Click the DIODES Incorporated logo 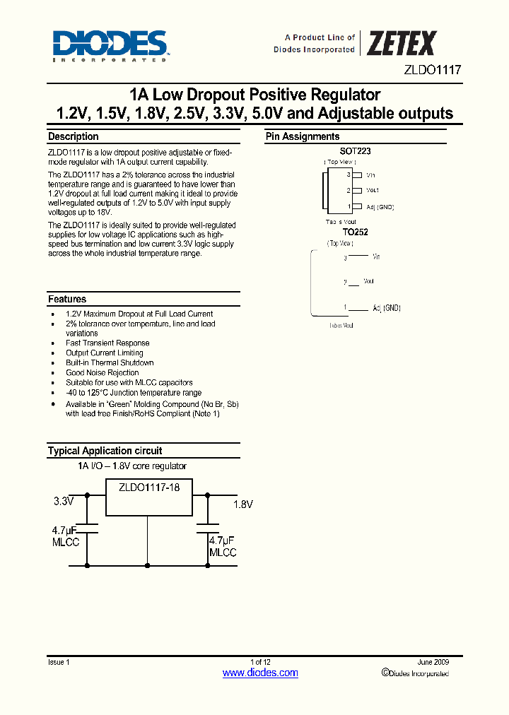(x=110, y=45)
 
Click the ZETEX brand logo (x=401, y=44)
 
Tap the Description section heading (x=73, y=137)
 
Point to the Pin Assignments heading (x=302, y=137)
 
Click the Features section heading (x=67, y=300)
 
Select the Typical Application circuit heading (x=105, y=451)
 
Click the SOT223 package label (x=356, y=151)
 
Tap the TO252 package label (x=356, y=232)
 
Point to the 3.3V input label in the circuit (x=64, y=502)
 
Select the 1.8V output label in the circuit (x=242, y=504)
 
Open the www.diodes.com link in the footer (x=260, y=673)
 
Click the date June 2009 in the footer (x=433, y=662)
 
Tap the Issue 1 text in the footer (x=59, y=662)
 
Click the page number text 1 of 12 (x=260, y=662)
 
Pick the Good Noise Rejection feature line (x=102, y=373)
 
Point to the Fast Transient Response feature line (x=107, y=343)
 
